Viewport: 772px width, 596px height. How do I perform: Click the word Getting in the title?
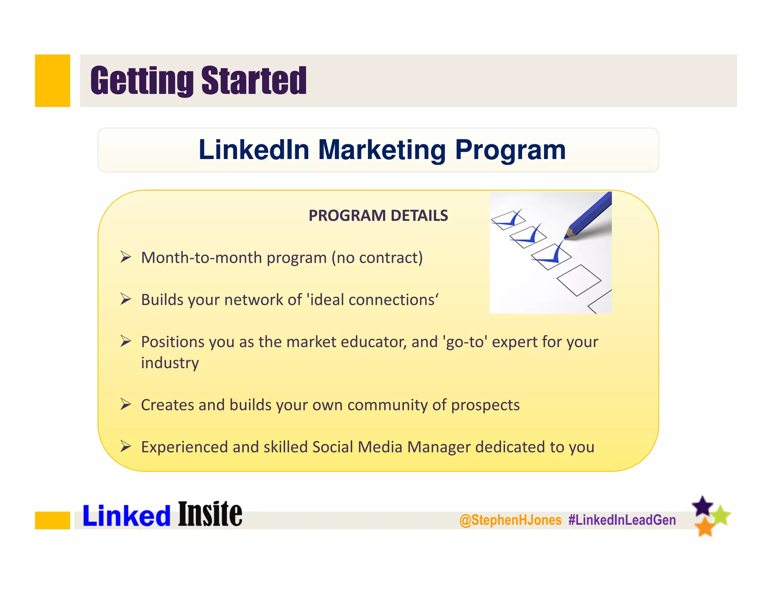coord(142,81)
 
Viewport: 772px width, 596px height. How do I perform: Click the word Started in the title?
coord(254,81)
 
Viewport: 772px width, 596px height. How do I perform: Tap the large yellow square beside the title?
coord(52,81)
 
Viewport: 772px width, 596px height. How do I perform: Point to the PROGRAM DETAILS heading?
coord(378,215)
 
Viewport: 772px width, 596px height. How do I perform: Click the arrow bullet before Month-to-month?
coord(126,257)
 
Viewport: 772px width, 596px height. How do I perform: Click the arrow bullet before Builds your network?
coord(126,300)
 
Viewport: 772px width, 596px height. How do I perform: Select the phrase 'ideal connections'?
coord(373,300)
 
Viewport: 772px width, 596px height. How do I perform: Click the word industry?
coord(170,363)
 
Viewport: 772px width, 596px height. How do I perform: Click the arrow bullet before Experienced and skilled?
coord(126,447)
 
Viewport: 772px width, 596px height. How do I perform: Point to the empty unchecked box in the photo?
coord(579,280)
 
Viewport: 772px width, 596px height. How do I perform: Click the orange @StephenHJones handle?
coord(510,520)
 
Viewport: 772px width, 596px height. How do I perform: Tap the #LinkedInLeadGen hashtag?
coord(622,520)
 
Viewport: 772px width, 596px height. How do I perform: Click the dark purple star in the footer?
coord(703,506)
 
